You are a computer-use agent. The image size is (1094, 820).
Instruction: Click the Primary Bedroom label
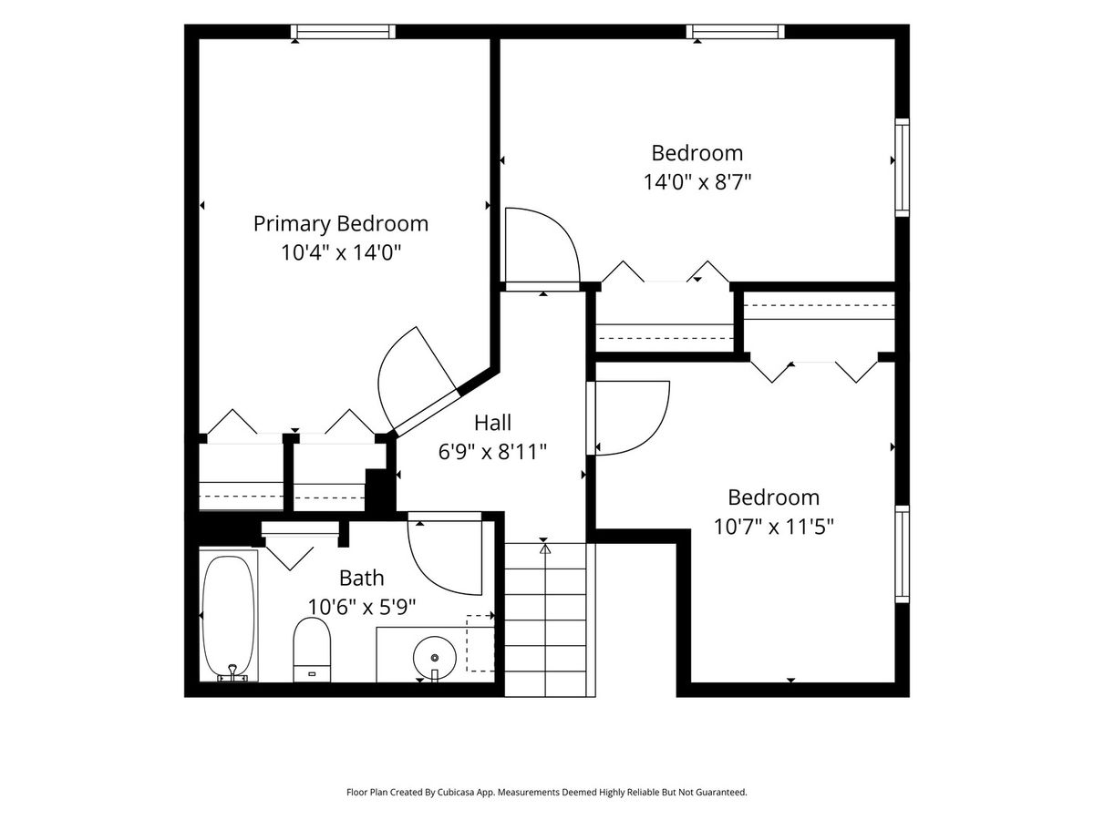[341, 224]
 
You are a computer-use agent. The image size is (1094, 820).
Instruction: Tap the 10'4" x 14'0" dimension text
[341, 252]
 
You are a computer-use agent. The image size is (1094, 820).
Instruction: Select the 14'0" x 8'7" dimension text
[697, 181]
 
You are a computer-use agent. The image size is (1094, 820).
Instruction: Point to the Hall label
[492, 423]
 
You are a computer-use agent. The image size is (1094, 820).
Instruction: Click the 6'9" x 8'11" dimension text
[492, 452]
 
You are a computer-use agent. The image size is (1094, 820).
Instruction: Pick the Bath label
[361, 578]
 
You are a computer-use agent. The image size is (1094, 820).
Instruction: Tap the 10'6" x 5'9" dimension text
[361, 607]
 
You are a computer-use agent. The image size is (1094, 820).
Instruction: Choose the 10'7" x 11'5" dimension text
[773, 527]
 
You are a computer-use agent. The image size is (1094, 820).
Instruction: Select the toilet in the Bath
[312, 650]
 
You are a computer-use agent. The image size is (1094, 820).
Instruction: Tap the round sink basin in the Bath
[435, 657]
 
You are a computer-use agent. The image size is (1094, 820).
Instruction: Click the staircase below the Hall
[546, 620]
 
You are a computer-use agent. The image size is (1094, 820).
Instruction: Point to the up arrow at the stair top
[546, 549]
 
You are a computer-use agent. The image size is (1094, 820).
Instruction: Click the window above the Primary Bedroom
[343, 32]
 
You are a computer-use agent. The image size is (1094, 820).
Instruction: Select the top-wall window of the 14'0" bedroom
[735, 32]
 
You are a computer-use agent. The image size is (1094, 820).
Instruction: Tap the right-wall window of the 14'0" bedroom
[903, 168]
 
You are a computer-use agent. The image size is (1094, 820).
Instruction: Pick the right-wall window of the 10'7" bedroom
[903, 554]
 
